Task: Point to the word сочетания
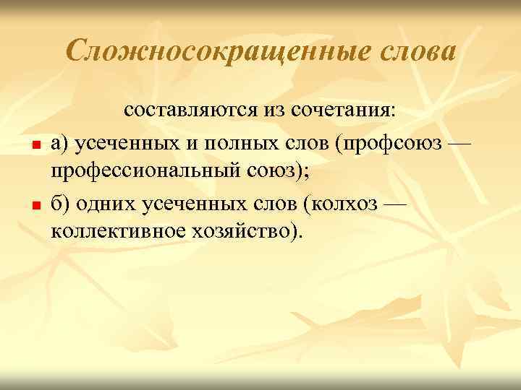pyautogui.click(x=343, y=110)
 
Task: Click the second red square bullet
pyautogui.click(x=34, y=205)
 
